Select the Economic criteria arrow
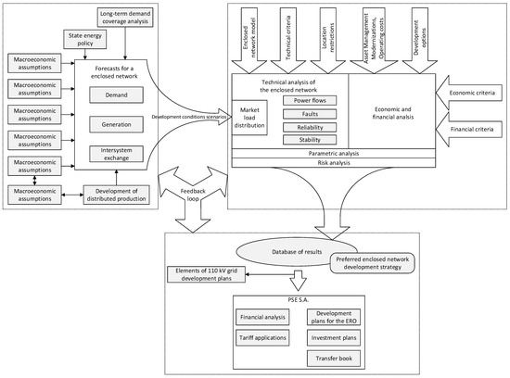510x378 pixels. click(469, 93)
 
